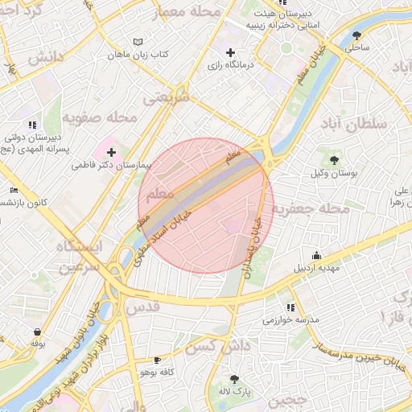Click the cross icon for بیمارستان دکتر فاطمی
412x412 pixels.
pos(110,152)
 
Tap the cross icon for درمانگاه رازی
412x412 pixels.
pos(231,52)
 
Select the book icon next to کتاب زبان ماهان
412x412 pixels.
pos(138,42)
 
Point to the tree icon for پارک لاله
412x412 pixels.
pos(234,379)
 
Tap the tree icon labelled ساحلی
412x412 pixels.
pos(356,35)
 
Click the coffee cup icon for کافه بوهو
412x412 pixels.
pos(156,360)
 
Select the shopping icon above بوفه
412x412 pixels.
pos(37,331)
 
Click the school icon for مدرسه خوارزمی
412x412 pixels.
pos(290,307)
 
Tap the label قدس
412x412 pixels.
pos(144,307)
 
